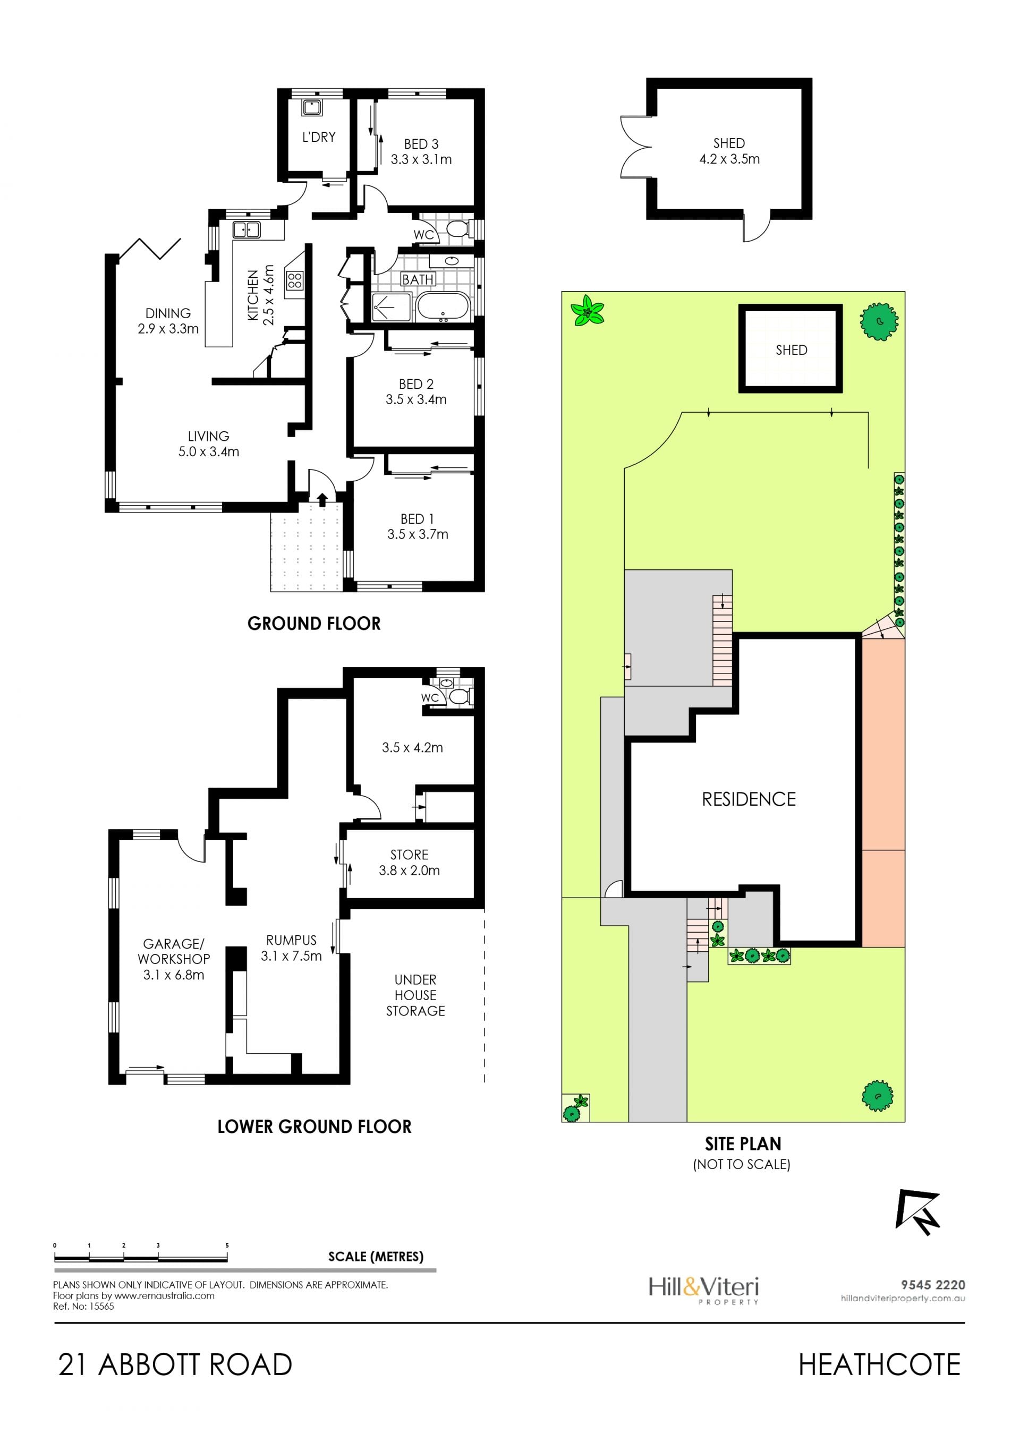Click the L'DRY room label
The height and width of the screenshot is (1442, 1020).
pos(318,137)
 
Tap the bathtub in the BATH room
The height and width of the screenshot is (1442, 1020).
pos(443,307)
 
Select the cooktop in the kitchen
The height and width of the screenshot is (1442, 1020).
pos(294,280)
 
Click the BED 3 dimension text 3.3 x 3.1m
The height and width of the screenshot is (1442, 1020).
pos(421,159)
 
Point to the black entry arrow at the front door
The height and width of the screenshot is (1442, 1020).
pos(322,499)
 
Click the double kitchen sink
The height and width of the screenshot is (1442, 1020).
pos(247,230)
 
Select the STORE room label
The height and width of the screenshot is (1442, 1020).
pos(410,855)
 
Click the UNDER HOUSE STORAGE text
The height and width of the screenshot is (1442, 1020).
pos(415,995)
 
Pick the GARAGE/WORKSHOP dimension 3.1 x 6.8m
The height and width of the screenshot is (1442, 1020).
pos(173,975)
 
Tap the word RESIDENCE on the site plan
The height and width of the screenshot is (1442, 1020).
pos(749,799)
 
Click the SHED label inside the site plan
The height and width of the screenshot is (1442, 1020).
pos(792,350)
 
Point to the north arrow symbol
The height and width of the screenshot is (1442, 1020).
pos(917,1211)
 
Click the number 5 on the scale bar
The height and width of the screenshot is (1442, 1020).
pos(227,1245)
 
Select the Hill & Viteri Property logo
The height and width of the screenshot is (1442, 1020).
pos(703,1290)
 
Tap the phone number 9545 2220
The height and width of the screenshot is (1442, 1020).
pos(933,1285)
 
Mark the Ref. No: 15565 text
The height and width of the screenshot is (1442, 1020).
pos(83,1307)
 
